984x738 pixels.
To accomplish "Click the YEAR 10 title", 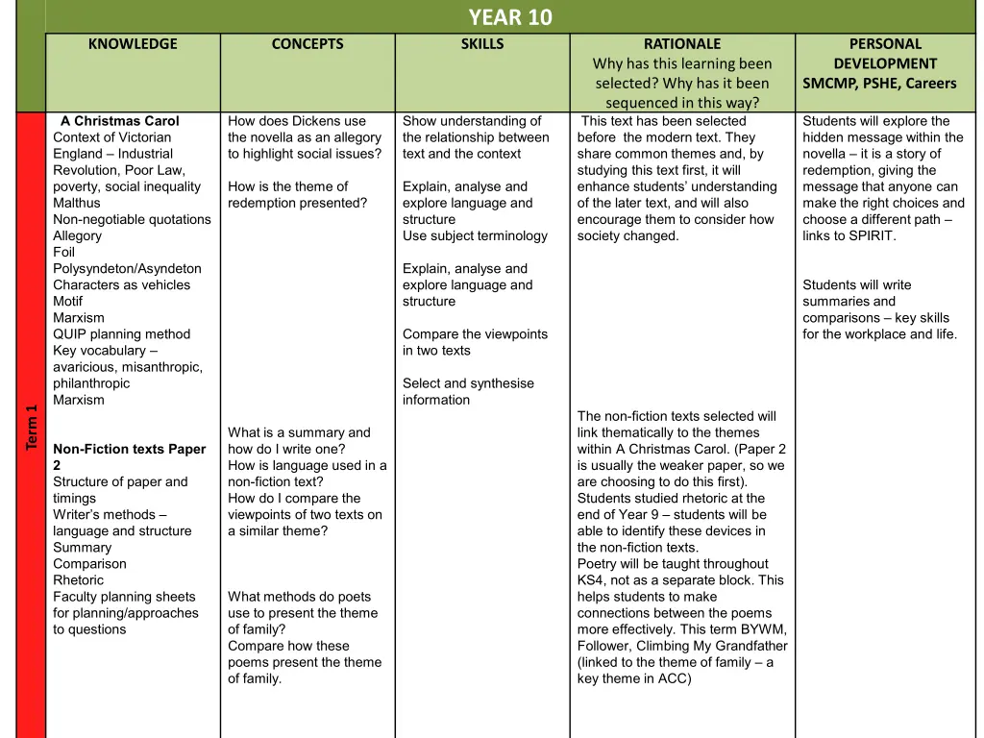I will coord(510,17).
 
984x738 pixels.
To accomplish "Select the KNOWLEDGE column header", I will coord(133,44).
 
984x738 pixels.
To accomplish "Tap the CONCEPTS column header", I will coord(307,44).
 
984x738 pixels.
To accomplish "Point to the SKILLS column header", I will coord(482,44).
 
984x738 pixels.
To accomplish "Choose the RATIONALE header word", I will coord(682,44).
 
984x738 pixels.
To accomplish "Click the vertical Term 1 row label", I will coord(32,428).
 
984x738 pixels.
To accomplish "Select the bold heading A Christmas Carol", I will coord(120,121).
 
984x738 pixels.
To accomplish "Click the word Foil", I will coord(63,252).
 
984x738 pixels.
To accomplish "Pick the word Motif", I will coord(67,301).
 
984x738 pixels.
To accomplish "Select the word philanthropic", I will coord(91,382).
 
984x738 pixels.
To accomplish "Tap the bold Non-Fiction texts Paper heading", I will coord(129,449).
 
